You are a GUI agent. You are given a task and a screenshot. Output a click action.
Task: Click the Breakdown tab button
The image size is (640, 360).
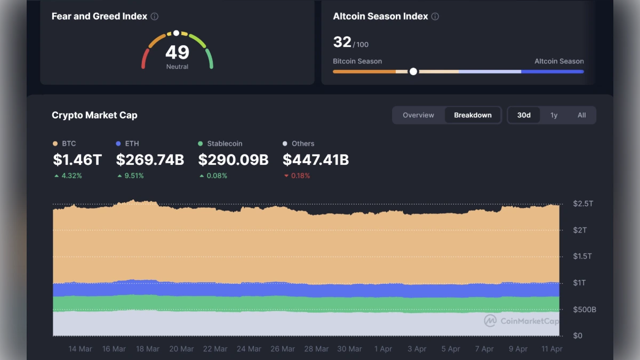click(x=473, y=115)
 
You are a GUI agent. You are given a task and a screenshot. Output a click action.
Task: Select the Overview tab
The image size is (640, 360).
click(x=418, y=115)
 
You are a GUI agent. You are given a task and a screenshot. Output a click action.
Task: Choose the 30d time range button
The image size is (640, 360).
click(x=524, y=115)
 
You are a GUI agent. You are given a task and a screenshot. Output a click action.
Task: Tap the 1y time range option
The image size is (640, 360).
click(x=554, y=115)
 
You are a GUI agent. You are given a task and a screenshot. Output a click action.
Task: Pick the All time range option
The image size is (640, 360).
click(x=581, y=115)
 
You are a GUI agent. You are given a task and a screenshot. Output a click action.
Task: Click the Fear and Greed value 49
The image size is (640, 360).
click(x=177, y=52)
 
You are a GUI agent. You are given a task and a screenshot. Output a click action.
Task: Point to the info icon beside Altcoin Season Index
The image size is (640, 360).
click(x=435, y=17)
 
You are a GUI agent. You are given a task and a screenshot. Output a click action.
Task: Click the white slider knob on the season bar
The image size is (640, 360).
click(x=413, y=71)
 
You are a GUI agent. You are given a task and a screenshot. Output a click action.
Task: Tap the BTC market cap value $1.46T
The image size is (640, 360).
click(x=77, y=159)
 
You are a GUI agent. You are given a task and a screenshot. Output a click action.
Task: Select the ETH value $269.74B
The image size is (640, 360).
click(x=150, y=159)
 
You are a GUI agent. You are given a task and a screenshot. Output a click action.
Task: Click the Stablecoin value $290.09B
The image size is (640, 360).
click(x=233, y=159)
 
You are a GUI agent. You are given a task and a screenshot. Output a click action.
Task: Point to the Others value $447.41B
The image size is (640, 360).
click(x=316, y=159)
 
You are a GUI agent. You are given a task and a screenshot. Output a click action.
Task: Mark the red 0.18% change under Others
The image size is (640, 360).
click(x=297, y=175)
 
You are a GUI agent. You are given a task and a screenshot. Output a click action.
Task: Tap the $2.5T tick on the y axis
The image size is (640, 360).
click(x=582, y=204)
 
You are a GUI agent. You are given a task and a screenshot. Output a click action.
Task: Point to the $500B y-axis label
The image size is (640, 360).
click(x=584, y=309)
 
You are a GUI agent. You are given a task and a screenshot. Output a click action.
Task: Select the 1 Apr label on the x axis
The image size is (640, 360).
click(x=383, y=349)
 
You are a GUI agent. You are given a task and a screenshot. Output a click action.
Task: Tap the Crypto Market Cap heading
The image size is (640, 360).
click(x=94, y=115)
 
